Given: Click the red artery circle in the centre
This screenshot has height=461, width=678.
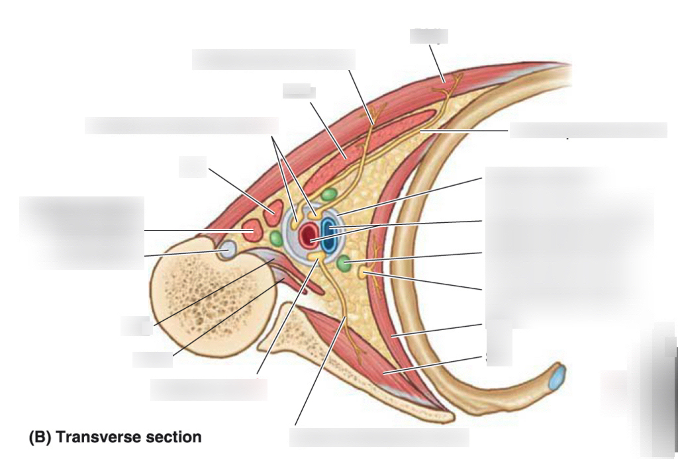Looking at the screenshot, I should (309, 235).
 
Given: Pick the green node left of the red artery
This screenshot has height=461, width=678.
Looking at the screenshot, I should (277, 238).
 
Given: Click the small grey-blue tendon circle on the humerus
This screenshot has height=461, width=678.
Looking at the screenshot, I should (225, 250).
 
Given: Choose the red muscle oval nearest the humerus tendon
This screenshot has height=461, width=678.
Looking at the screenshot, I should (250, 231).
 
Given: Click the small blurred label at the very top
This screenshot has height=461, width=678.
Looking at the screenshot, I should (428, 35).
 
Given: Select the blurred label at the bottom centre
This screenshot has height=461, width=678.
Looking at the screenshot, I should (379, 437).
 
